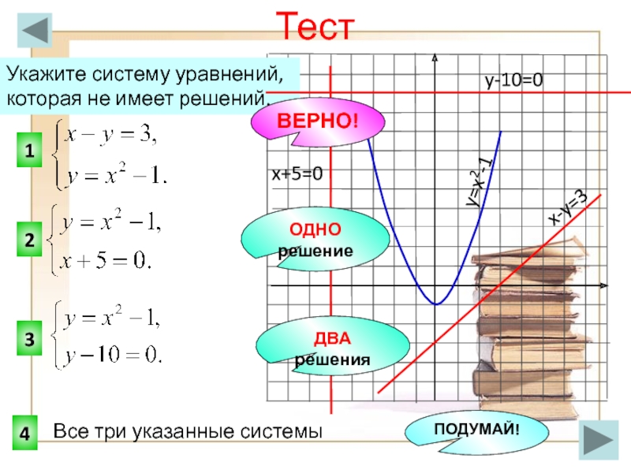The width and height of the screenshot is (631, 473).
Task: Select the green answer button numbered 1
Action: tap(29, 151)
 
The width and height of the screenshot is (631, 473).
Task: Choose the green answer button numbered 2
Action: tap(29, 244)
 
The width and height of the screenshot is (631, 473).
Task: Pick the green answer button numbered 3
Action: tap(29, 340)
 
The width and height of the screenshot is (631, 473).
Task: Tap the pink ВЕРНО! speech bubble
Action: tap(317, 122)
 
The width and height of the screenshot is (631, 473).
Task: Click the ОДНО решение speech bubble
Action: tap(315, 239)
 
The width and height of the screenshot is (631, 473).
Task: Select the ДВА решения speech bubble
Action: tap(333, 349)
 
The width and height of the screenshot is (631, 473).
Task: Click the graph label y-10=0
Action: tap(514, 80)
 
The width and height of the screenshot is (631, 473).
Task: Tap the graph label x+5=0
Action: tap(297, 173)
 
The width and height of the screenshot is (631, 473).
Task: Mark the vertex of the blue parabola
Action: tap(435, 304)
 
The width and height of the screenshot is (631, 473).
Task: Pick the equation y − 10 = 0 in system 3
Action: tap(114, 356)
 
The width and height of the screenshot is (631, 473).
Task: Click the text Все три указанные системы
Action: tap(188, 432)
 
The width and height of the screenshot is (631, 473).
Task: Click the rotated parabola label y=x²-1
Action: tap(479, 181)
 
